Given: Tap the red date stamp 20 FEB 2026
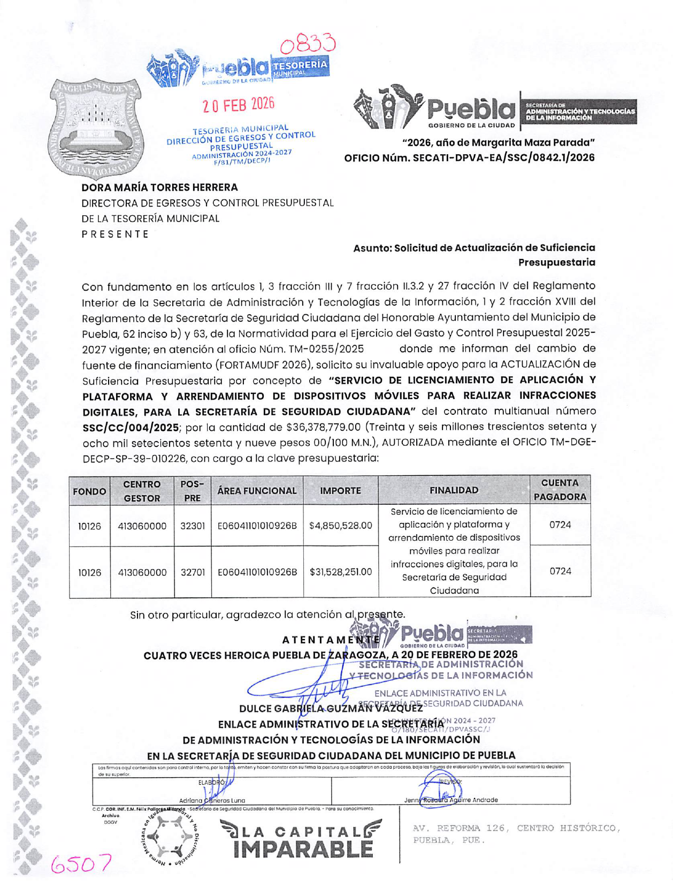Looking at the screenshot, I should (x=238, y=104).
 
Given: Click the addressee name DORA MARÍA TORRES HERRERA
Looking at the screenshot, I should (x=159, y=187).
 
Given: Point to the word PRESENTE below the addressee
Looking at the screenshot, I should (x=115, y=234).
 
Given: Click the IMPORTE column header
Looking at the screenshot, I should (x=340, y=490).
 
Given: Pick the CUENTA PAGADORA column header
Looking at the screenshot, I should (x=560, y=490).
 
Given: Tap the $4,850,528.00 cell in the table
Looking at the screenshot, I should (x=340, y=526).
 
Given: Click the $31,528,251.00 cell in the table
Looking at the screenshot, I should (x=340, y=572).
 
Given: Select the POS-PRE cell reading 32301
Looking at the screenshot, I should (x=193, y=526).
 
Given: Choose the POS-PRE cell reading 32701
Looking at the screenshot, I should (x=193, y=572).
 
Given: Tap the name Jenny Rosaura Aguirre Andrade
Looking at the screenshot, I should (x=451, y=800).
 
